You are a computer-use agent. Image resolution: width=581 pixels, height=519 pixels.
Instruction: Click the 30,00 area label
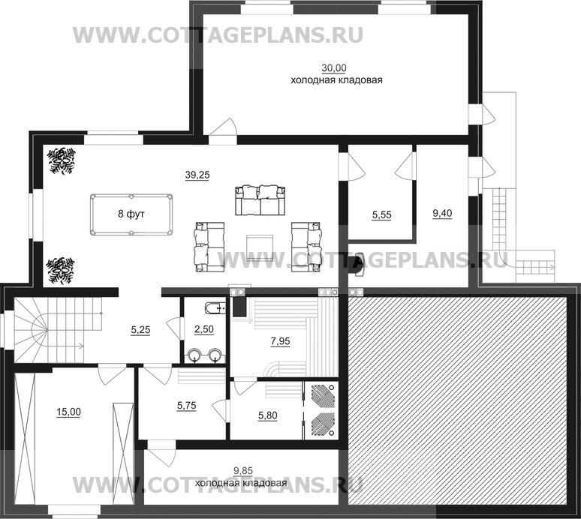click(334, 68)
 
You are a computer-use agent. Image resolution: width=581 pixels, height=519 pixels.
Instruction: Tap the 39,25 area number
click(197, 175)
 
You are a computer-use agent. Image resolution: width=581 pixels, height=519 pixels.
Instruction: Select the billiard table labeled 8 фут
click(131, 214)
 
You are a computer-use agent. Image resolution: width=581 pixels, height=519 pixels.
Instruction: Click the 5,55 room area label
click(381, 215)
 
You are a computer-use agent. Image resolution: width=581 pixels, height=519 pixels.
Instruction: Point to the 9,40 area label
click(442, 213)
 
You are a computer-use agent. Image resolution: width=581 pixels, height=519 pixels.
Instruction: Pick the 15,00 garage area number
click(68, 412)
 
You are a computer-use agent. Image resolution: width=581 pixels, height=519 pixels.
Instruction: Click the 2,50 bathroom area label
click(203, 329)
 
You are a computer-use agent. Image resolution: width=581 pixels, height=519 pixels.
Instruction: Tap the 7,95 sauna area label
click(280, 341)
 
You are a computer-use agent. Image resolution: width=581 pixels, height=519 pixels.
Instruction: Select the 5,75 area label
click(186, 405)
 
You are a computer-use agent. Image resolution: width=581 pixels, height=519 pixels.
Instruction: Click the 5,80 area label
click(267, 415)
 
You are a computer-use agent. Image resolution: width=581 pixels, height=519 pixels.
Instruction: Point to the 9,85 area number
click(243, 470)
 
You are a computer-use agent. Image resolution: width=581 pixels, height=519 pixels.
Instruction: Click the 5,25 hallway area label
click(140, 329)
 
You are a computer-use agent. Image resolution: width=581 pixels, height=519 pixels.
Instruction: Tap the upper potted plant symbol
click(61, 160)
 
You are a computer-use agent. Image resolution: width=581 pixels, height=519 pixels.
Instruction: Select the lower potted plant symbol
click(60, 271)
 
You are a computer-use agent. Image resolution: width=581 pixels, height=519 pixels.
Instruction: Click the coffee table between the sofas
click(260, 247)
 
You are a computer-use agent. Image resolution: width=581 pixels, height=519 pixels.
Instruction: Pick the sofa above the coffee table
click(260, 200)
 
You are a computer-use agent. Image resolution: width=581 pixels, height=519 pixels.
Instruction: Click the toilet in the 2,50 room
click(215, 307)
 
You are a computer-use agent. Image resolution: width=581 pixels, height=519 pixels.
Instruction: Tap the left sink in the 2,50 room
click(194, 355)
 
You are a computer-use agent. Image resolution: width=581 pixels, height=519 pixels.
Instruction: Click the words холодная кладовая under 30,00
click(336, 80)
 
